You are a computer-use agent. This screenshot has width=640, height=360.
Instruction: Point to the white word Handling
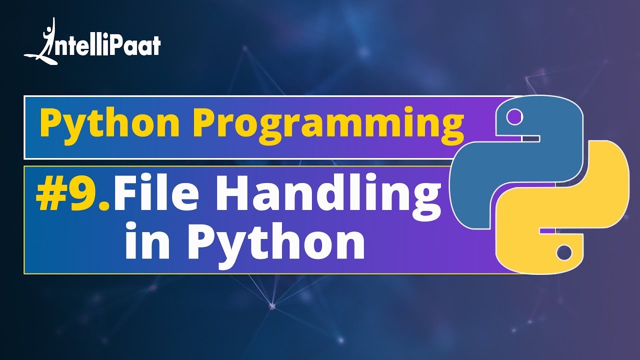coord(327,196)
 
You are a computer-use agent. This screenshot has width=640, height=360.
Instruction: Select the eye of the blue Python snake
coord(514,117)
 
